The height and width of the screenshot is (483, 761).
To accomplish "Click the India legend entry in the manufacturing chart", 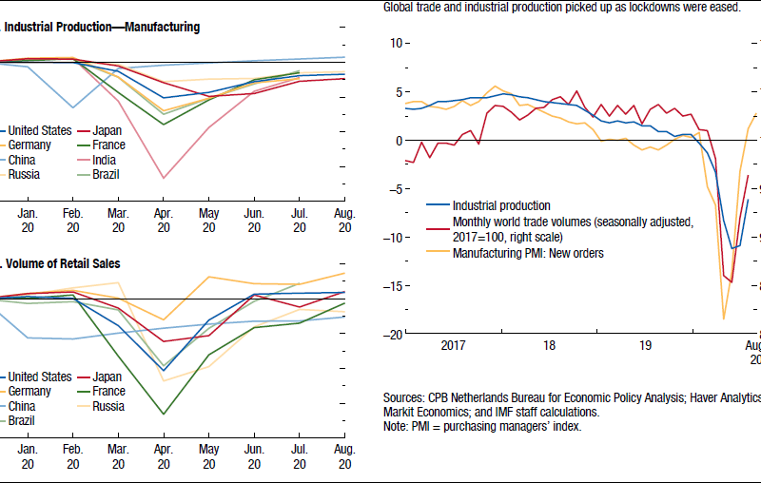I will [x=104, y=160].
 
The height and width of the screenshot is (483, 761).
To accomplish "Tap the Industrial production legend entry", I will [x=501, y=205].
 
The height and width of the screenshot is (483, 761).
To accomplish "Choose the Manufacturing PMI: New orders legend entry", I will [x=528, y=253].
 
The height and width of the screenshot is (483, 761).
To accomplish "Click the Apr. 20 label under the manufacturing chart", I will [x=164, y=221].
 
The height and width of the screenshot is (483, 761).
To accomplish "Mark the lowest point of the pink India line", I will [x=164, y=178].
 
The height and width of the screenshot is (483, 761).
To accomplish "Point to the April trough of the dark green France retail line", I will [x=164, y=414].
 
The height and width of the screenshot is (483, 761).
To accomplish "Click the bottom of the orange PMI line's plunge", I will [x=724, y=319].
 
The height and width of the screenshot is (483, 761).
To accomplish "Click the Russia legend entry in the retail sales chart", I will [x=109, y=405].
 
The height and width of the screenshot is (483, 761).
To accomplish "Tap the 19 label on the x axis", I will [x=646, y=346].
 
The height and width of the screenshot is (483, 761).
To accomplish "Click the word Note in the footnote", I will [x=396, y=426].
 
